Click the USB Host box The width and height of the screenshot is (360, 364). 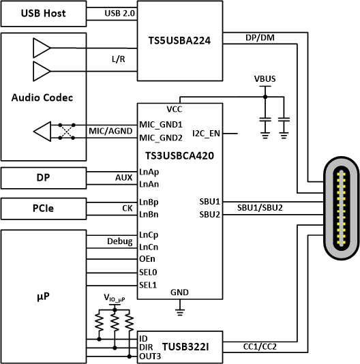coord(43,14)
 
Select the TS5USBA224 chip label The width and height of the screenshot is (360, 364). coord(179,40)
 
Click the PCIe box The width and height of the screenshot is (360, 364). coord(43,209)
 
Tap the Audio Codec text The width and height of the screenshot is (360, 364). coord(42,97)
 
